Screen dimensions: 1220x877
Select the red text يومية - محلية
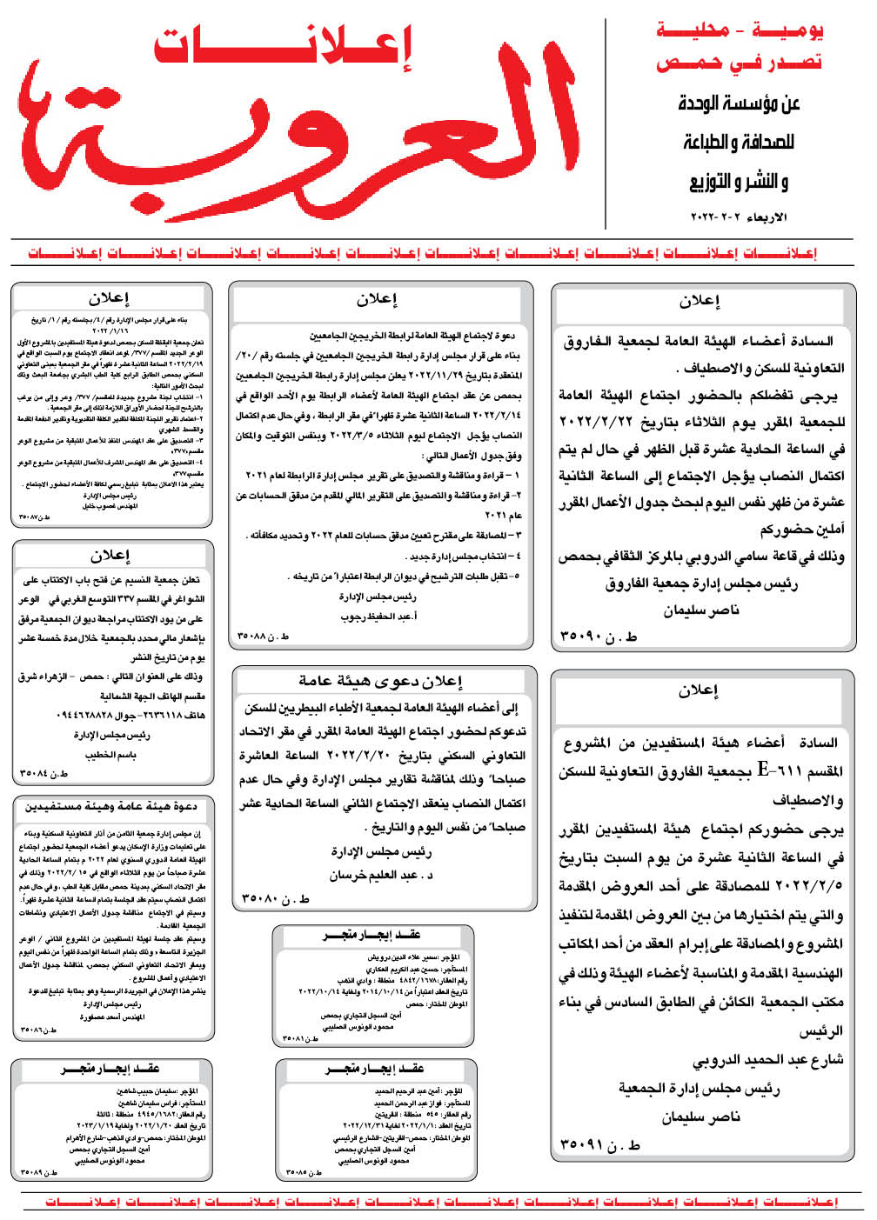(740, 30)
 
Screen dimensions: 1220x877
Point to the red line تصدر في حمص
(740, 63)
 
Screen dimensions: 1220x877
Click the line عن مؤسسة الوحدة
(740, 103)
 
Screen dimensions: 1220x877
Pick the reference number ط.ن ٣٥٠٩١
(600, 1145)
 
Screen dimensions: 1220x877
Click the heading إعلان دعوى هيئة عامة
(380, 682)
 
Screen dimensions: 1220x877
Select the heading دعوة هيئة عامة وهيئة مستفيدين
(110, 807)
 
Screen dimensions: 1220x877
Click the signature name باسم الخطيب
(110, 754)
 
